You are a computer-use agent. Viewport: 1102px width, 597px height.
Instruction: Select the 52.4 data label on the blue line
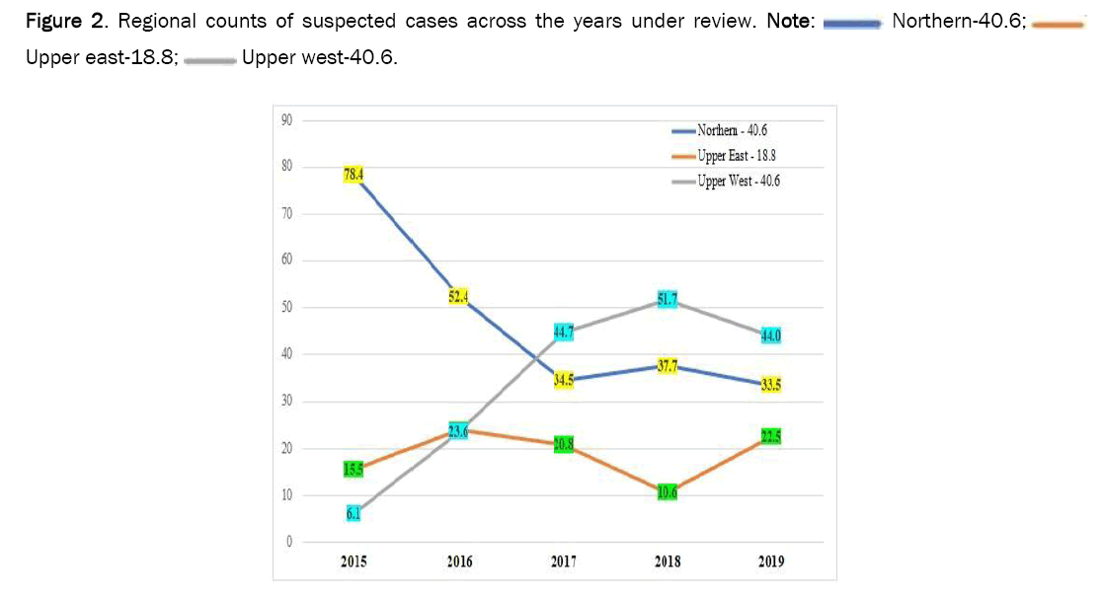point(457,295)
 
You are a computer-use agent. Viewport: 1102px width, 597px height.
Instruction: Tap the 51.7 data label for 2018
point(668,300)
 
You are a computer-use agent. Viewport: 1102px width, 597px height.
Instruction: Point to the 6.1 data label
point(354,513)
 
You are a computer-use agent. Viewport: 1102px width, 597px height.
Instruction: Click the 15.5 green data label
point(354,470)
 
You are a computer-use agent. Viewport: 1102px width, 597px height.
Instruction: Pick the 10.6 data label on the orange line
point(668,492)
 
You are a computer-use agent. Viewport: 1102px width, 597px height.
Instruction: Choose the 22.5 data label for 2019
point(771,436)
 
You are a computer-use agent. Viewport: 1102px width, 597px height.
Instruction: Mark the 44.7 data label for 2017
point(564,333)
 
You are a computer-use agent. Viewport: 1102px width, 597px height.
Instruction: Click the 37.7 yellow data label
point(668,366)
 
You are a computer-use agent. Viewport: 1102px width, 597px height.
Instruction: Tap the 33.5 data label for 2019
point(771,385)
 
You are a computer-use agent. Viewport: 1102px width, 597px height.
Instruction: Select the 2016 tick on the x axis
point(459,562)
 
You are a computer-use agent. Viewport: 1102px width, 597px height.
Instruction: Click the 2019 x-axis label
point(771,562)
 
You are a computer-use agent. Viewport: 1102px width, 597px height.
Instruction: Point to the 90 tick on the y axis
point(287,120)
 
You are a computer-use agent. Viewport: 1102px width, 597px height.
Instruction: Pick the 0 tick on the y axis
point(290,542)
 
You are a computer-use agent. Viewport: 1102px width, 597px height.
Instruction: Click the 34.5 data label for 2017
point(564,380)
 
